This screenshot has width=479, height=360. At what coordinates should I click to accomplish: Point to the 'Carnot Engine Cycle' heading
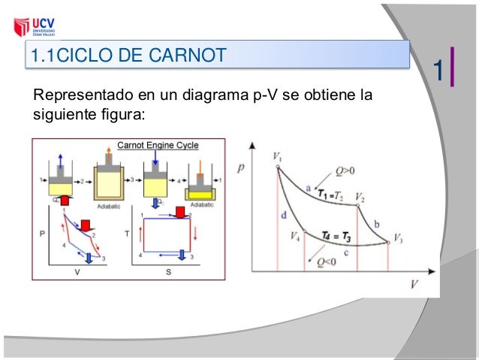click(156, 146)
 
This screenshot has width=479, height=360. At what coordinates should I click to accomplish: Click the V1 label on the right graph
click(278, 157)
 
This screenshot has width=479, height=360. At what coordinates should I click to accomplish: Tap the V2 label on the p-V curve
click(361, 198)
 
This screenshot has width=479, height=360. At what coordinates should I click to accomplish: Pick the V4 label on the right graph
click(295, 235)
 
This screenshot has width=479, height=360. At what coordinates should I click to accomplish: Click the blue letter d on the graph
click(284, 216)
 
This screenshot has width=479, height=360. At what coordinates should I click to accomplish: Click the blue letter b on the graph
click(376, 224)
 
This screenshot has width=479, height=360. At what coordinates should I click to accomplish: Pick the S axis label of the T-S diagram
click(167, 272)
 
